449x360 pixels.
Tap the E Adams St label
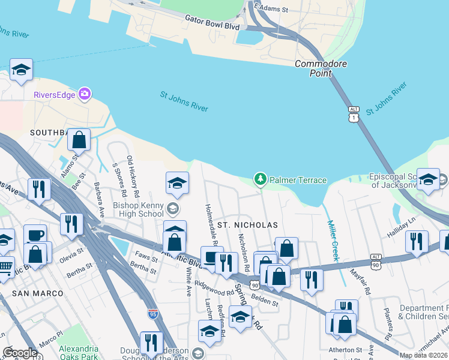point(271,9)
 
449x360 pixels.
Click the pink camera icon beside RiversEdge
point(85,94)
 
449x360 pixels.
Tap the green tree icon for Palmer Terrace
point(260,179)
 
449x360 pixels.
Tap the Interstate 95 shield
point(153,313)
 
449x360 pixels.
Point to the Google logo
point(20,352)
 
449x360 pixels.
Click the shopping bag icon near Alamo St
point(79,140)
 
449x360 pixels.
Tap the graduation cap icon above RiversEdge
point(22,71)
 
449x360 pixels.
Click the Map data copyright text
point(423,355)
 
